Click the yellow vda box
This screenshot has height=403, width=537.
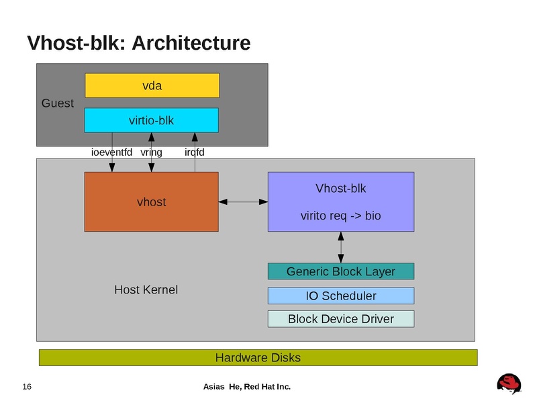152,85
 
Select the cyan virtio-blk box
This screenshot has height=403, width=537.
151,120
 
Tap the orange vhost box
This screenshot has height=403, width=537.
151,201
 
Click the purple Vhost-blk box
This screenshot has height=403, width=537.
341,201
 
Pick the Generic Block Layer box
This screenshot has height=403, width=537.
341,271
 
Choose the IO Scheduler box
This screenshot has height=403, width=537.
341,296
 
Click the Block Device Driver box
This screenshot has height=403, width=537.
341,318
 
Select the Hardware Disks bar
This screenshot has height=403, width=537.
258,357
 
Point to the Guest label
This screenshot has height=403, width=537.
58,103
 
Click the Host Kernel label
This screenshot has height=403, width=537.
146,290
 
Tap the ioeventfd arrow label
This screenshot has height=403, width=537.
111,152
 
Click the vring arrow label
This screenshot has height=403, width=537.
151,152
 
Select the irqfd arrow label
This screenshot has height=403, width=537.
194,152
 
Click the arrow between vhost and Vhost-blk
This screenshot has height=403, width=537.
243,201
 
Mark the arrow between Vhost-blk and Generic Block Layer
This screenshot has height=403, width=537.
341,247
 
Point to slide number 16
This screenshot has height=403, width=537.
28,387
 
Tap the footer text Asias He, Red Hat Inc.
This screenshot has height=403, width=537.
246,387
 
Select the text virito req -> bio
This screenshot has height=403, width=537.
341,216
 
